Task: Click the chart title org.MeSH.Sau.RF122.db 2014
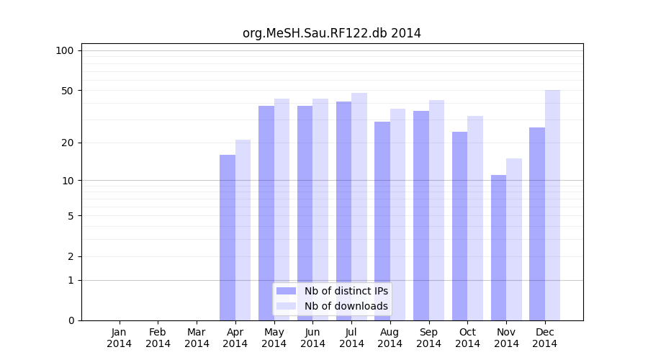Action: point(331,33)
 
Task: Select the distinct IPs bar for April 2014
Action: point(228,238)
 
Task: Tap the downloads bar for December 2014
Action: point(552,205)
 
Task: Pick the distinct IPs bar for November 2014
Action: point(498,248)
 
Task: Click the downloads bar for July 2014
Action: point(359,207)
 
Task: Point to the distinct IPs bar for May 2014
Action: point(266,213)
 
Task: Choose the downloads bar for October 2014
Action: point(475,218)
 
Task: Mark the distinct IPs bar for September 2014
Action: point(421,215)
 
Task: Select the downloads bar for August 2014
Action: point(397,215)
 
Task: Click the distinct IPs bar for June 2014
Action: point(305,213)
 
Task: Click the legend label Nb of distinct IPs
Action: point(346,291)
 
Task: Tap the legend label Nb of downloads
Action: point(346,306)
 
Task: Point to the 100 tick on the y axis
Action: point(65,50)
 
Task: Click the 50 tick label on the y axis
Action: point(68,91)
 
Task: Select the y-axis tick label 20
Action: point(68,143)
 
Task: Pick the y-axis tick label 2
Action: point(71,256)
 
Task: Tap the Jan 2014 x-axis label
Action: point(120,338)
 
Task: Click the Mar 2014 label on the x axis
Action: point(197,338)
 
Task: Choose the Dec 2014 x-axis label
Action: point(545,338)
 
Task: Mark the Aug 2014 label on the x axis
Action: point(390,338)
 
